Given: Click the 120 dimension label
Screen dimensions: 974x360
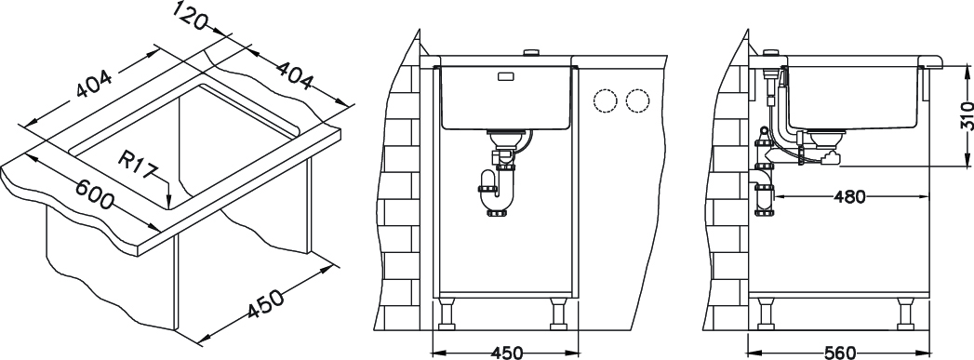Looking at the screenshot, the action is coord(190,15).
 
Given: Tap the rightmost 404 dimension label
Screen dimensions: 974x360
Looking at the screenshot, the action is coord(294,73).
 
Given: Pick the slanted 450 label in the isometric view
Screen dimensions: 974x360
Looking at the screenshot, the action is coord(265,303).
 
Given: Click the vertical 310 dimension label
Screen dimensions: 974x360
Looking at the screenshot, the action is coord(966,114).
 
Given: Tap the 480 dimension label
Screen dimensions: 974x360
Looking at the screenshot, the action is coord(849,197).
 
